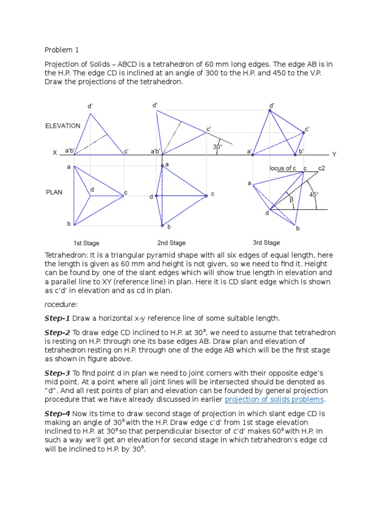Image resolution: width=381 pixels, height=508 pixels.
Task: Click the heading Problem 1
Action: click(x=62, y=50)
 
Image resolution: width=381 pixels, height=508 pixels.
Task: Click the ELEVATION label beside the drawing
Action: click(x=63, y=126)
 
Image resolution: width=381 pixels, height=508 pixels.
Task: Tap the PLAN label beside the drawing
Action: click(x=54, y=192)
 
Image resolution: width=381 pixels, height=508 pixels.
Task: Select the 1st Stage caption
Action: click(x=86, y=243)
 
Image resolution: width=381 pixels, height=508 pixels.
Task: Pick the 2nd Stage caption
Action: click(x=171, y=243)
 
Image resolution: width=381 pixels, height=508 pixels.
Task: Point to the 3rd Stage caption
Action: click(x=266, y=243)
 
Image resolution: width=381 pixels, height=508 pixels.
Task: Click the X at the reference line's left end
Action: click(x=55, y=154)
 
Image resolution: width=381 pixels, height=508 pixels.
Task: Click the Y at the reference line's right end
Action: click(x=334, y=154)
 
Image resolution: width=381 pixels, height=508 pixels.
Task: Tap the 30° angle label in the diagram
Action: click(x=217, y=147)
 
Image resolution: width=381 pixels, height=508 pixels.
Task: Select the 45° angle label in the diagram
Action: click(x=314, y=195)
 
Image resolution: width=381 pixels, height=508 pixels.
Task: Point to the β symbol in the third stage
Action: click(x=291, y=199)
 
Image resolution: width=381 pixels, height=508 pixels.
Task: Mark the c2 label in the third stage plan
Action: click(x=321, y=168)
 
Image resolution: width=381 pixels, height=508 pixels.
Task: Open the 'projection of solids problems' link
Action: click(x=275, y=399)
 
